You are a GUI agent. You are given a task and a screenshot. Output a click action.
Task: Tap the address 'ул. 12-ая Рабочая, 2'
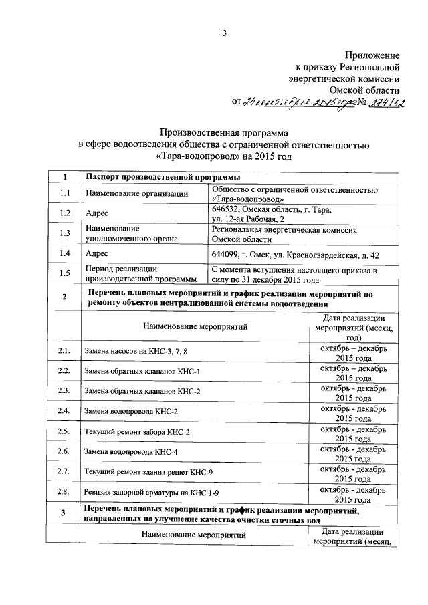(248, 219)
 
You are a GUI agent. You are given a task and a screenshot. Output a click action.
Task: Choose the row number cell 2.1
(64, 351)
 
